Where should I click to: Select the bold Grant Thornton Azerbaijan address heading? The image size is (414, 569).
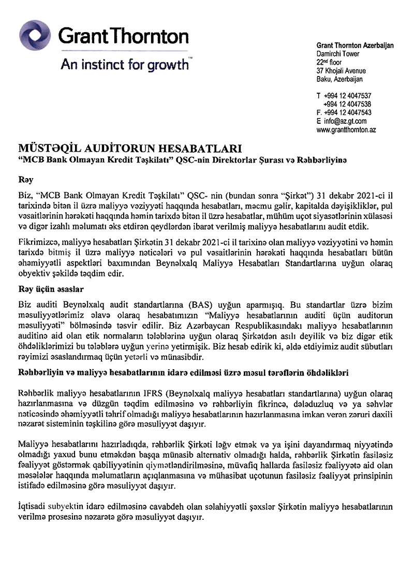tap(354, 46)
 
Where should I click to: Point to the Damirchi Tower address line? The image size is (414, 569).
tap(338, 54)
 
